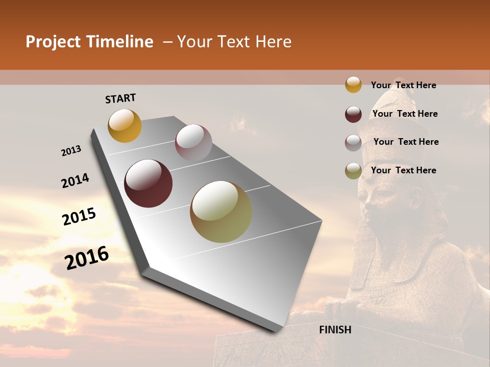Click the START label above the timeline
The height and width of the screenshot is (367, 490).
(120, 98)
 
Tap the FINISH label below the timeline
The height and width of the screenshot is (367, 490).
(335, 330)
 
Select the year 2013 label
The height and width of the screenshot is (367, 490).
(71, 151)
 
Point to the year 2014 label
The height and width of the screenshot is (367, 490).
(75, 180)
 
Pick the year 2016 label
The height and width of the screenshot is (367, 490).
(87, 258)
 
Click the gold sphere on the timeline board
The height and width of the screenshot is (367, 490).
(125, 125)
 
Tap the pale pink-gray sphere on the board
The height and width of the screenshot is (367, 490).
(193, 142)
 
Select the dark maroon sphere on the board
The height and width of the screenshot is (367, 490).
(149, 183)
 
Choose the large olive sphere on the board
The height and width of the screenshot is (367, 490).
(221, 212)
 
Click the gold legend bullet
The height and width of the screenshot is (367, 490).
(353, 85)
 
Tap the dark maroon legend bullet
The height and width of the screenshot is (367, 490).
(353, 114)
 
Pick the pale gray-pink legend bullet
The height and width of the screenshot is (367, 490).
(353, 143)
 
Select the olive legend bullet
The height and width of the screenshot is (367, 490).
(353, 171)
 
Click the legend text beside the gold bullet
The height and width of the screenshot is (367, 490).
(403, 85)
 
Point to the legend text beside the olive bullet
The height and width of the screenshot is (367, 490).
(403, 170)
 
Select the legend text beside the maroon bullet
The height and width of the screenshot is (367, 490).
(405, 114)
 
